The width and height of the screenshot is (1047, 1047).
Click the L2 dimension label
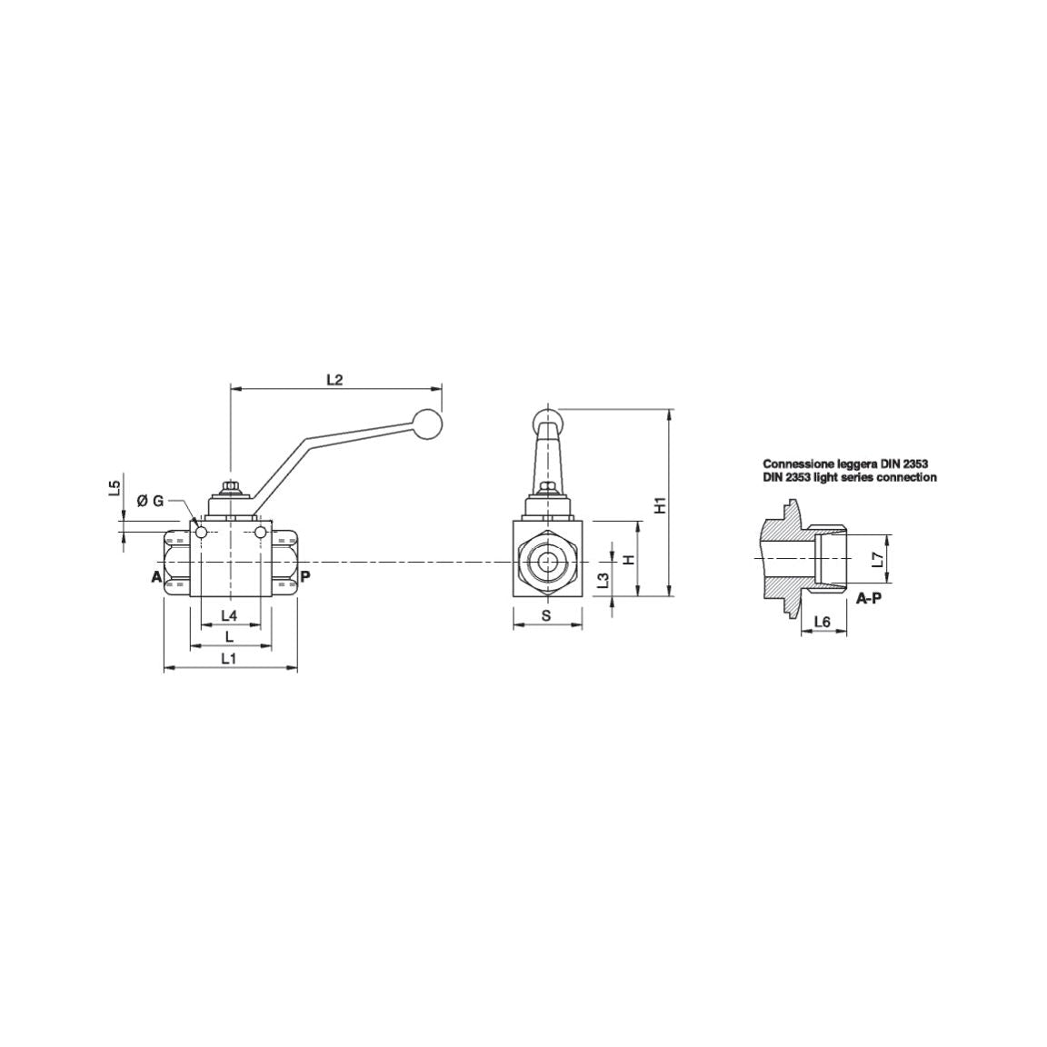(334, 379)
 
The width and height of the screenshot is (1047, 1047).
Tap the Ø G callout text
(150, 501)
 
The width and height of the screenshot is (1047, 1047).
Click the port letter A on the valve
(155, 576)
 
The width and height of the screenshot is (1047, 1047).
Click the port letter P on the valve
(305, 576)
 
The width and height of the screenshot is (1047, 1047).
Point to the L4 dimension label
(229, 615)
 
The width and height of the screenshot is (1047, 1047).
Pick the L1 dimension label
(229, 659)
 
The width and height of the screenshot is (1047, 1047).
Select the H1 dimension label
(662, 505)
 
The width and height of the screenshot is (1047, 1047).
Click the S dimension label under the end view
(546, 615)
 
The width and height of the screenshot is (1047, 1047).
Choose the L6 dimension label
(823, 622)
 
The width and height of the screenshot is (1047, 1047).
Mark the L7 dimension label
(877, 560)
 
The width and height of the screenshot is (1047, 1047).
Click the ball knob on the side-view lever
(427, 424)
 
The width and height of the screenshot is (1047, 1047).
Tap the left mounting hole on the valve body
(202, 532)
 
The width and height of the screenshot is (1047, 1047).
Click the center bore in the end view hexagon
(547, 562)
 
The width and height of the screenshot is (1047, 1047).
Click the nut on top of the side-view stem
(231, 488)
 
